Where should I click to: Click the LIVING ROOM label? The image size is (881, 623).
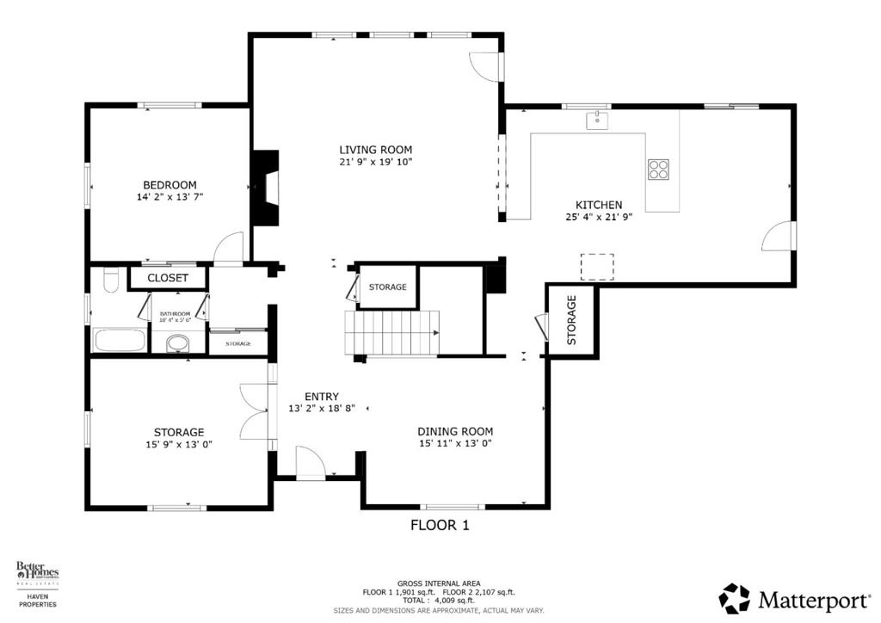375,149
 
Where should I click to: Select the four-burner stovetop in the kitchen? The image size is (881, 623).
659,170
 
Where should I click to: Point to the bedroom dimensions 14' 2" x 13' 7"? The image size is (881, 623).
169,197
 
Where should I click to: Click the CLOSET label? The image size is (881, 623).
168,278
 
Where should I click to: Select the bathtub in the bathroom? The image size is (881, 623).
120,339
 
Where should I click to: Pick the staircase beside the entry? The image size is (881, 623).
391,332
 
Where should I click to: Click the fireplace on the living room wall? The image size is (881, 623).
265,188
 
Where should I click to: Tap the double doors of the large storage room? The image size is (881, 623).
255,411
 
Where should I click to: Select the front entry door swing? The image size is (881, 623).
309,462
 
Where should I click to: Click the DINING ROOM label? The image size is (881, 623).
455,431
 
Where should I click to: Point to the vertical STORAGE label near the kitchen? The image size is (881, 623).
571,320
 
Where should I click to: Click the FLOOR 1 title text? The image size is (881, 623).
440,525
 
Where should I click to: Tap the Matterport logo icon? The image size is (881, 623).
734,598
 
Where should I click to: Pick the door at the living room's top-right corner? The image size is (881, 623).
486,67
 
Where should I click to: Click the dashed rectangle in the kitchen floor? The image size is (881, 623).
597,267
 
